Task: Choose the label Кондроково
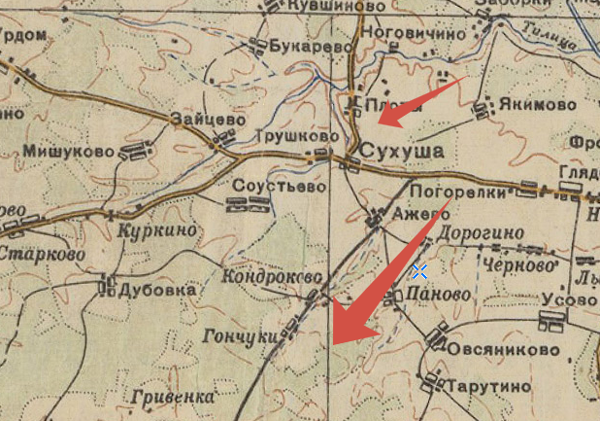click(x=271, y=277)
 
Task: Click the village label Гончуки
click(x=238, y=335)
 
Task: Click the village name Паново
click(x=439, y=295)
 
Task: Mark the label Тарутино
click(x=489, y=387)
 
